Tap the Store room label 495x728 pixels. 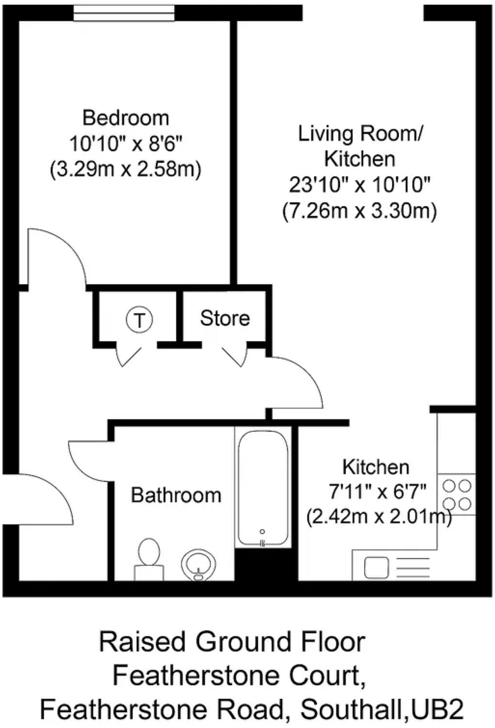[225, 318]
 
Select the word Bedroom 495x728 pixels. [126, 118]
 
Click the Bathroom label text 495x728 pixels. [176, 495]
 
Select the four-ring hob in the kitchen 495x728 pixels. [457, 494]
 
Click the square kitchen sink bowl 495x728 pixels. [376, 567]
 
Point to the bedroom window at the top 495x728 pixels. [124, 13]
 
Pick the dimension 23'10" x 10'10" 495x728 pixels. [359, 185]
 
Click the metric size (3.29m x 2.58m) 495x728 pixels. [126, 169]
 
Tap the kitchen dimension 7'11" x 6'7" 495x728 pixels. [377, 492]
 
